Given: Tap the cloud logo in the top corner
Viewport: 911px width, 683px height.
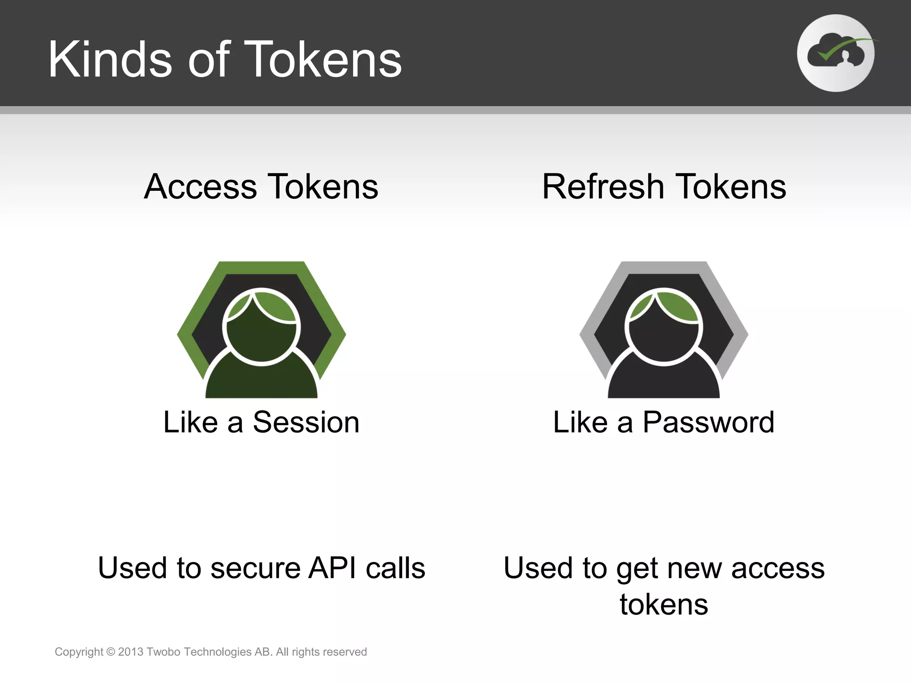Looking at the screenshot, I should tap(835, 53).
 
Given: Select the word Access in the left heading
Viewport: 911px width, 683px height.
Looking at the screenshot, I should tap(200, 187).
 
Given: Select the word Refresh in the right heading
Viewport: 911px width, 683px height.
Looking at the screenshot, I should tap(603, 187).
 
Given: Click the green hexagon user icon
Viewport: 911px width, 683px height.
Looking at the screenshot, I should tap(262, 329).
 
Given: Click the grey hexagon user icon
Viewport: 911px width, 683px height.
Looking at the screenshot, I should tap(664, 329).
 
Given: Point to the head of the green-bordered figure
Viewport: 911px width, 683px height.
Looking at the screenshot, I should tap(262, 327).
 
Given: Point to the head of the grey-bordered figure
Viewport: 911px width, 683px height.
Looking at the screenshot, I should tap(664, 327).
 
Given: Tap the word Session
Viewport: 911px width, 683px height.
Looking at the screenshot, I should tap(306, 422).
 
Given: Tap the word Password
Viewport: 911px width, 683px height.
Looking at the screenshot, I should tap(708, 422).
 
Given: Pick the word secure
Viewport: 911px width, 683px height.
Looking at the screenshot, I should tap(255, 568).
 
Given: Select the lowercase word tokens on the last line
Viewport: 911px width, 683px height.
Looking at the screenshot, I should tap(664, 605).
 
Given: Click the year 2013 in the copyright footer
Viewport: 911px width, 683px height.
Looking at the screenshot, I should tap(130, 652).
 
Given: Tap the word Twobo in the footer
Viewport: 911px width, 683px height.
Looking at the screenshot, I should tap(163, 652).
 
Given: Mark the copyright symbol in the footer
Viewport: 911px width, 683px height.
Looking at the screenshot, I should tap(111, 652).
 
